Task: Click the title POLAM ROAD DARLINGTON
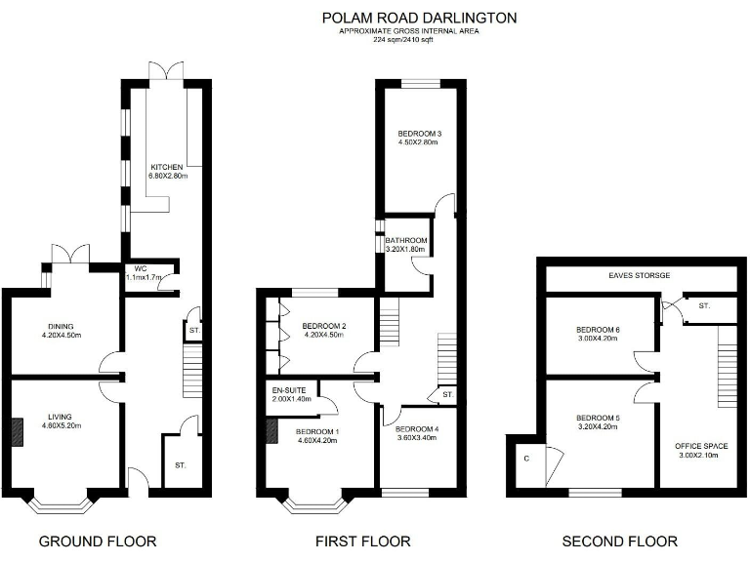tap(419, 18)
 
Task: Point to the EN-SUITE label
tap(289, 391)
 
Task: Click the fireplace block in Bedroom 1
tap(272, 430)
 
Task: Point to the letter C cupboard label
tap(525, 458)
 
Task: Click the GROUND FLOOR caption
tap(97, 541)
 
